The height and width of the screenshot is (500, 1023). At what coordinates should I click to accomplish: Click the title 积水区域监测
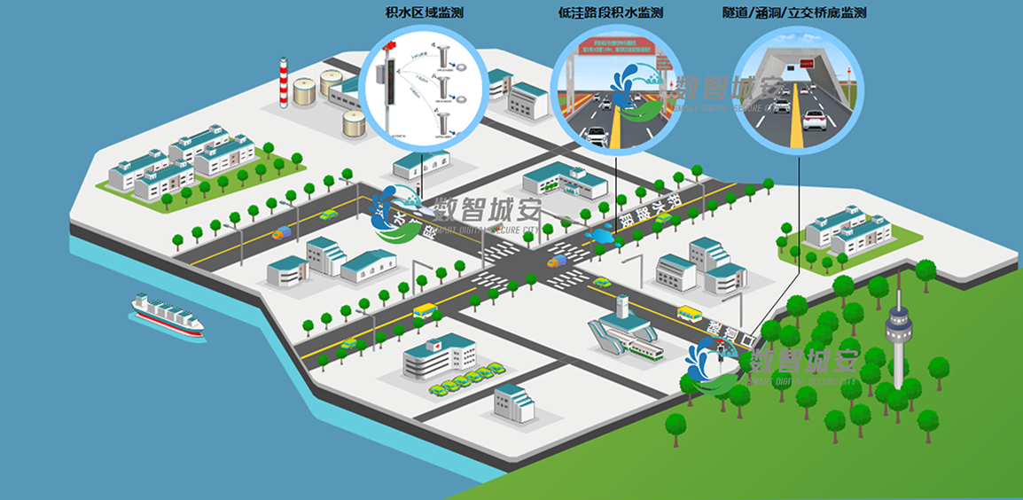click(x=425, y=13)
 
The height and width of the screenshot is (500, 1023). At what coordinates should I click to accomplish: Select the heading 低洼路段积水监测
click(x=611, y=13)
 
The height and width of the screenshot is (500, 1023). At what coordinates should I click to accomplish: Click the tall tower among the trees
click(x=899, y=333)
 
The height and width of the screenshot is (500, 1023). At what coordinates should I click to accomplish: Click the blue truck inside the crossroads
click(x=556, y=262)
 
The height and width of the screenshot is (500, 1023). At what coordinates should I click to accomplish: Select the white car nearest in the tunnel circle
click(x=814, y=119)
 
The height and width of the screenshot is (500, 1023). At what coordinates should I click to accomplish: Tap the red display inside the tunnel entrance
click(x=805, y=64)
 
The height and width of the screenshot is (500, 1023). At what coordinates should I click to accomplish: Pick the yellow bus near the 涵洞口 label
click(x=689, y=313)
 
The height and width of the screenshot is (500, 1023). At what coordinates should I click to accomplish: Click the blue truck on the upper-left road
click(x=281, y=233)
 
